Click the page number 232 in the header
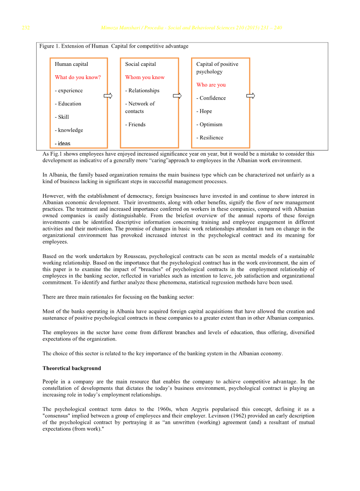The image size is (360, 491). click(26, 28)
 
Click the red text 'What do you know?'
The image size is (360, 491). click(78, 77)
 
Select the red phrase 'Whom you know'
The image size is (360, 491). click(145, 77)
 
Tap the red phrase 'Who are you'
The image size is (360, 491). click(211, 85)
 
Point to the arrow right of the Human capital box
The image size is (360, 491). click(108, 96)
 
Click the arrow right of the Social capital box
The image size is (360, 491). click(177, 96)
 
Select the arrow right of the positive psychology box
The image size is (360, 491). click(251, 96)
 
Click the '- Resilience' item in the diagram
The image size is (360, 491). click(210, 138)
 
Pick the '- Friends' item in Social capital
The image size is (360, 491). click(135, 125)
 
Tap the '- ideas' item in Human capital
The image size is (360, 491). click(63, 144)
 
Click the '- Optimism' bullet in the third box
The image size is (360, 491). click(209, 125)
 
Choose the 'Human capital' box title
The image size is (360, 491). click(71, 64)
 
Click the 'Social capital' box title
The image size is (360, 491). click(140, 64)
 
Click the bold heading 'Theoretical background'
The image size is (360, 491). click(72, 368)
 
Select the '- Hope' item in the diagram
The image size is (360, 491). click(204, 111)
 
